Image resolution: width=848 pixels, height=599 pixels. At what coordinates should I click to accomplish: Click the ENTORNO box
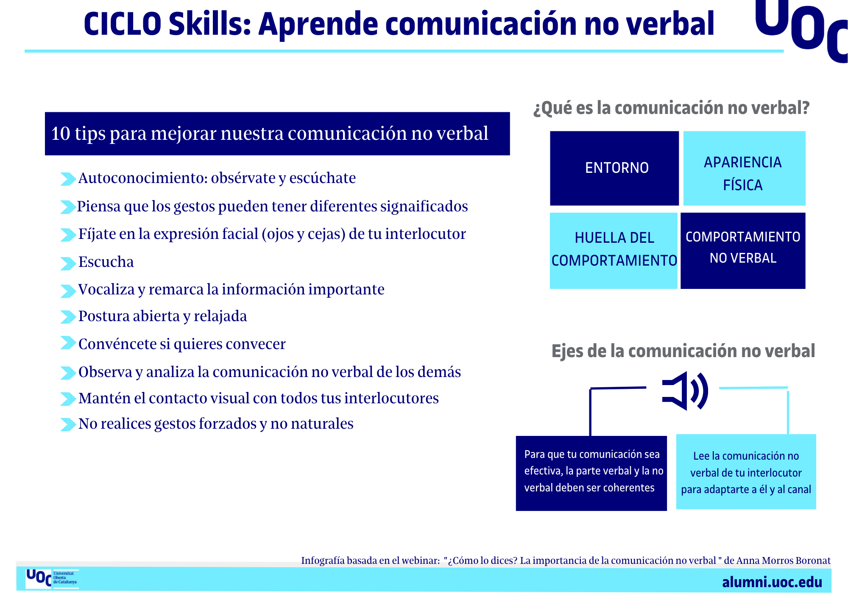coord(614,168)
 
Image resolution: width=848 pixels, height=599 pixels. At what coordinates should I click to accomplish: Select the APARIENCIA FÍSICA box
coord(744,168)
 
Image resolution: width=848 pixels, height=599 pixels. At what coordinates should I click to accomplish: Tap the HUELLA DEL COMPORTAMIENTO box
coord(614,250)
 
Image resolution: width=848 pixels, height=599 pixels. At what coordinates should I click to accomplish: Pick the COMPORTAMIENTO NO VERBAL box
coord(743,250)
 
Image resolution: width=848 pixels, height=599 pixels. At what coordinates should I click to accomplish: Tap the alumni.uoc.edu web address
coord(772,582)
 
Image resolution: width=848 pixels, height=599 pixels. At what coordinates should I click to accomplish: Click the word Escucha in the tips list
coord(106,262)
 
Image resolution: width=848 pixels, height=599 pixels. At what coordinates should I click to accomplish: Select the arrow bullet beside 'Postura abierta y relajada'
coord(68,316)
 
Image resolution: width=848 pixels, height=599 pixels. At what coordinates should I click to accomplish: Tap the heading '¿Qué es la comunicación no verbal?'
coord(672,108)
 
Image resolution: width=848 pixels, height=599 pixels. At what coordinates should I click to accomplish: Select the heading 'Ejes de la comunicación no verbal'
coord(683,351)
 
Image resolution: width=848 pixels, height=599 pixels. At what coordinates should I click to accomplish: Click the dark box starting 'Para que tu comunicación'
coord(591,473)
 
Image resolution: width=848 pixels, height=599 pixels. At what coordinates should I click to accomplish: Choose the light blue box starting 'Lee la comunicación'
coord(746,471)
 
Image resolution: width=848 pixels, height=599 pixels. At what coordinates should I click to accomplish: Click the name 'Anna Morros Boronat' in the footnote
coord(784,560)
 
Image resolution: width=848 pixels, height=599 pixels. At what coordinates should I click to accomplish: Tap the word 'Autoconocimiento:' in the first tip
coord(143,178)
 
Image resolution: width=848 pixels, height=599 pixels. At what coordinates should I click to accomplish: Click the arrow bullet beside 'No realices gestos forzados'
coord(68,424)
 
